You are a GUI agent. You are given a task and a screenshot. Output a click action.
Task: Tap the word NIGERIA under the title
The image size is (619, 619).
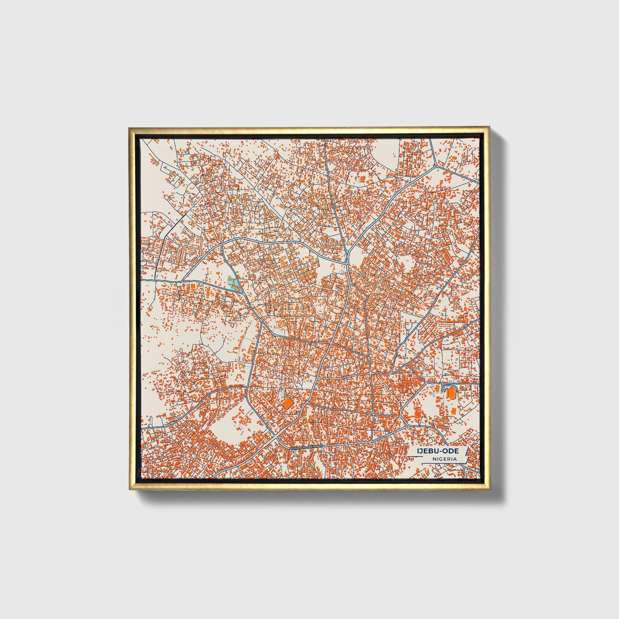(444, 459)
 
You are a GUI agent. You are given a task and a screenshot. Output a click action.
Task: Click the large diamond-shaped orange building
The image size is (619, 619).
(287, 403)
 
